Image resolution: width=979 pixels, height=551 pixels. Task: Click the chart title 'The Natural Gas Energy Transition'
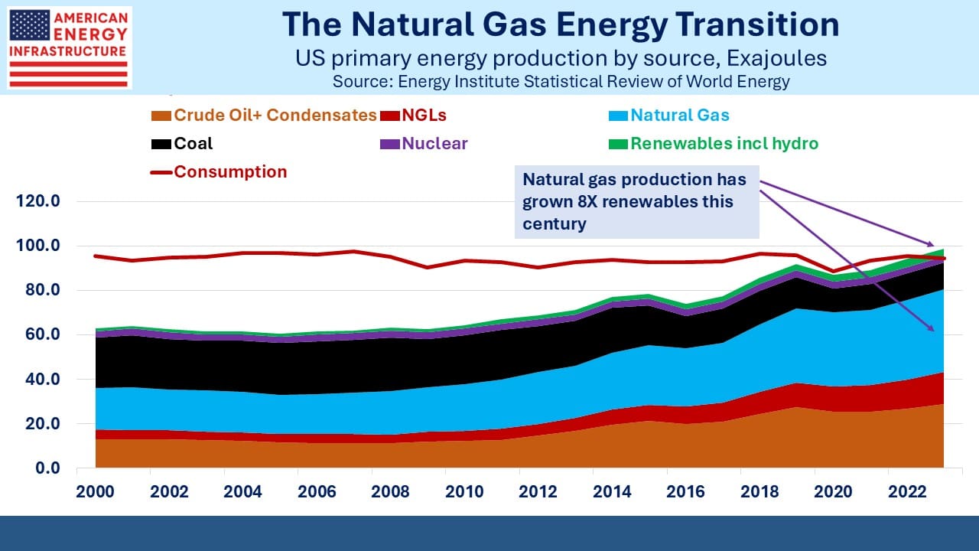coord(560,24)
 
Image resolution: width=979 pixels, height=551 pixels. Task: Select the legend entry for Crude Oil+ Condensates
coord(265,116)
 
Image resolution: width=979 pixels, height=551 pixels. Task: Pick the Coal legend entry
coord(183,144)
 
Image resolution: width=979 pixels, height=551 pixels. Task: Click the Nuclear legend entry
coord(424,144)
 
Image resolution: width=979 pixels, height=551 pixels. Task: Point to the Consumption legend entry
coord(220,172)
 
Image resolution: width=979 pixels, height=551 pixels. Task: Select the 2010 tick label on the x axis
coord(464,491)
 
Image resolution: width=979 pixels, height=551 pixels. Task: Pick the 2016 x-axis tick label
coord(685,491)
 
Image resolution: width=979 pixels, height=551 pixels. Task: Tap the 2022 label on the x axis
coord(906,491)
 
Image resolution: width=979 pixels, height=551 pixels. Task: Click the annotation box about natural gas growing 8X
coord(636,202)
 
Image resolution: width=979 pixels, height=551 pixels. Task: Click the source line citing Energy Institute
coord(561,81)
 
